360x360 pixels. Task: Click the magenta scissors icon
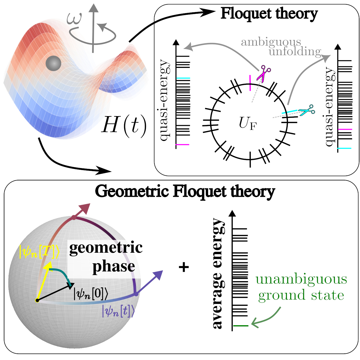(x=263, y=73)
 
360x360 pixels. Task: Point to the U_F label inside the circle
(x=248, y=123)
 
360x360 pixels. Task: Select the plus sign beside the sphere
(x=184, y=267)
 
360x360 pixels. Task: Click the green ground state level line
(x=240, y=326)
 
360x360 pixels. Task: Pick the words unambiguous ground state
(x=301, y=287)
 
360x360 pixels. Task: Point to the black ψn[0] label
(x=91, y=294)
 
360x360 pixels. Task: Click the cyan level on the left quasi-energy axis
(x=183, y=78)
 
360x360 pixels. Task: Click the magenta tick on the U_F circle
(x=250, y=83)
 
